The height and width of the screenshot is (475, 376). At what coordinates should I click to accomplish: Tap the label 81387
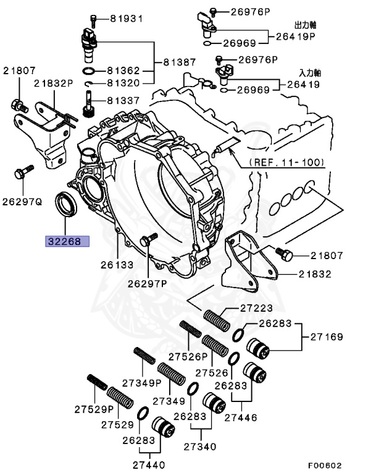[x=179, y=62]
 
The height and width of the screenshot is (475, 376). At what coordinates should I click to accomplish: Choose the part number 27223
[x=238, y=309]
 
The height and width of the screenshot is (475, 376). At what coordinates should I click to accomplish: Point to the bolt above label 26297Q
[x=21, y=171]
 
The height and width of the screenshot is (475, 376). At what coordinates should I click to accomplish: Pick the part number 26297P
[x=148, y=284]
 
